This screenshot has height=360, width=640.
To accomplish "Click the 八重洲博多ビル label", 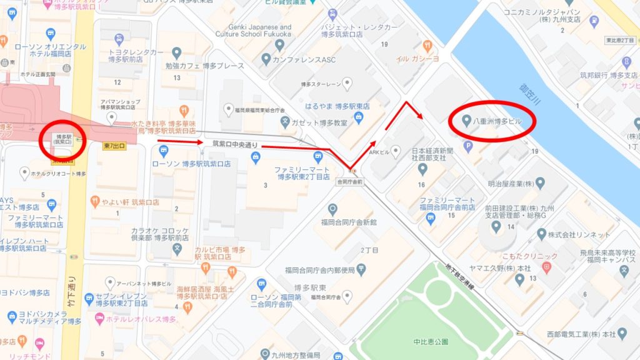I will click(x=496, y=119).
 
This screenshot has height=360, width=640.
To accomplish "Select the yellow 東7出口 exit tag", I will click(x=114, y=146).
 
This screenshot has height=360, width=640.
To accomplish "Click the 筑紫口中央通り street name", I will click(x=235, y=143).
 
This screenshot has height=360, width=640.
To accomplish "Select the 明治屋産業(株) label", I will click(x=507, y=184).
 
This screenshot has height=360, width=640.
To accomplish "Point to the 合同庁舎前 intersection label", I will click(x=349, y=182).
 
